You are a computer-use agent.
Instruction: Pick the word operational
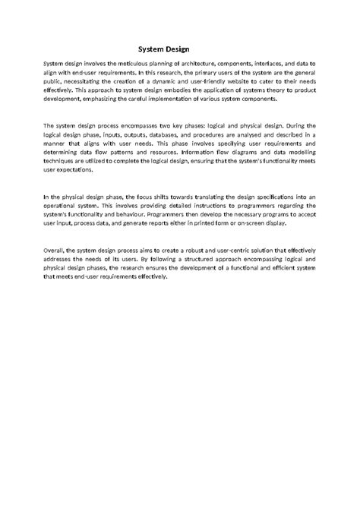(x=61, y=204)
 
